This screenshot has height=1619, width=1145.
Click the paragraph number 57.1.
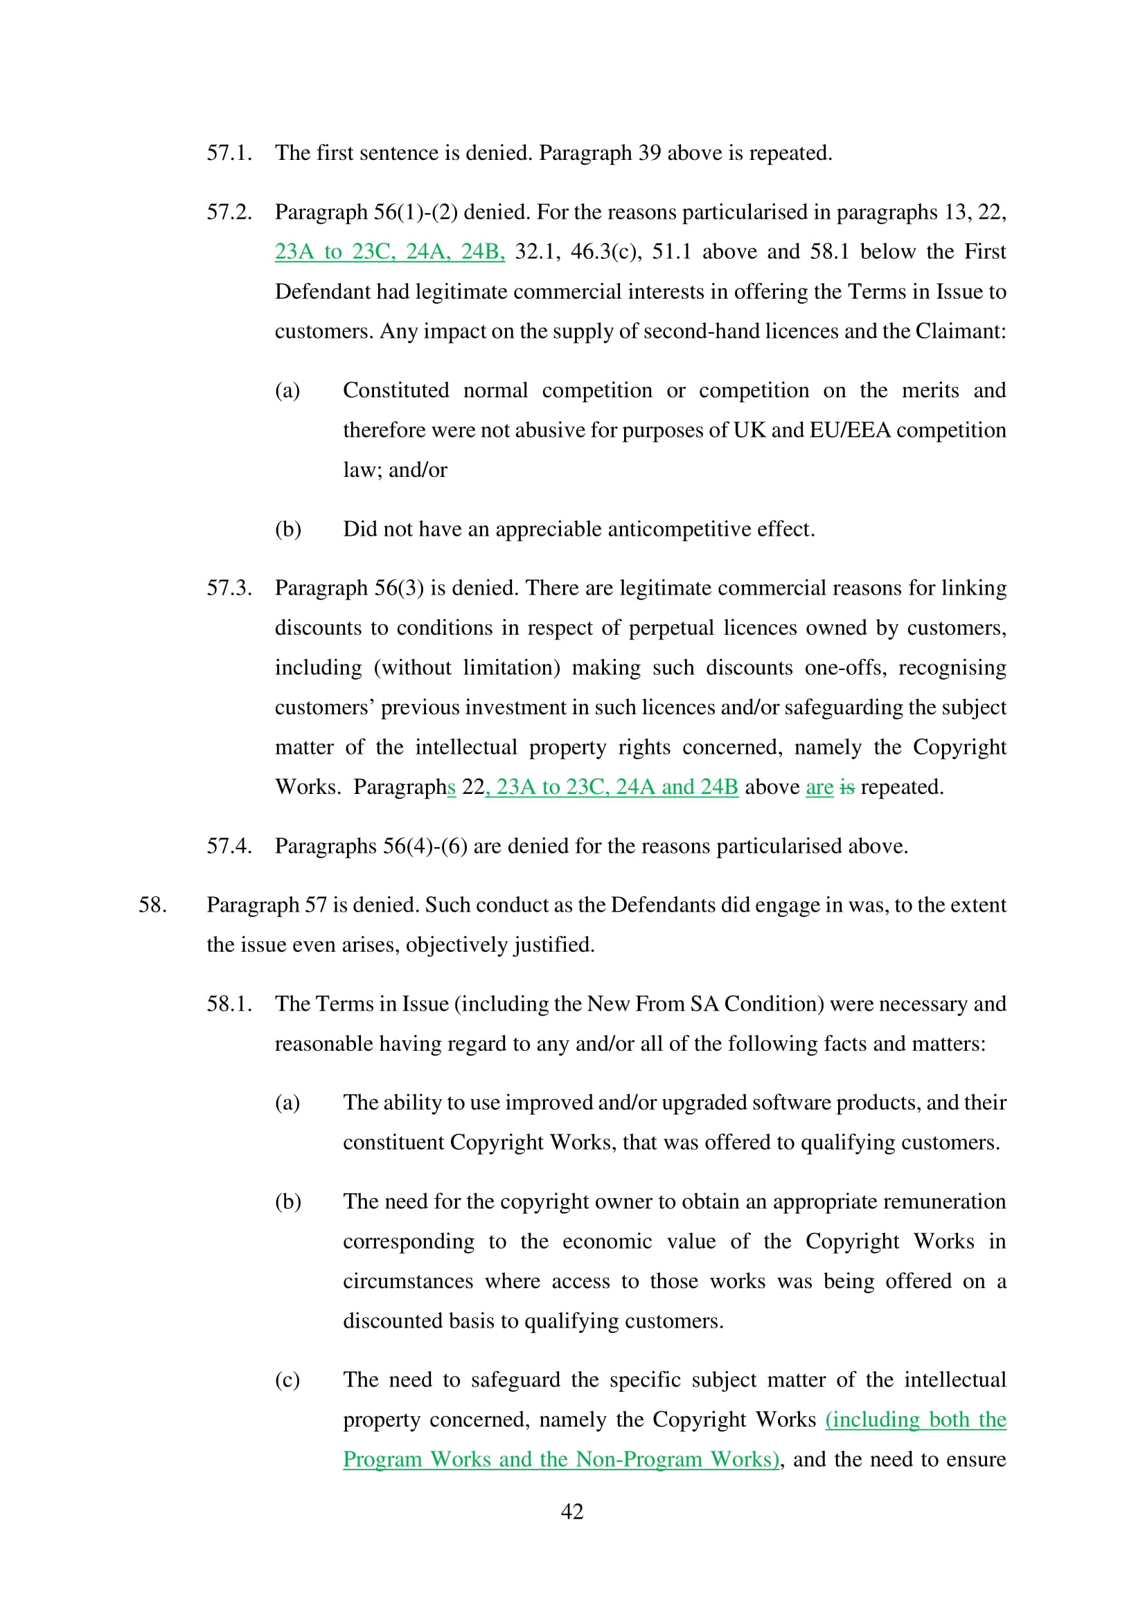229,153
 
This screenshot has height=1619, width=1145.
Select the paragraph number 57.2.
229,212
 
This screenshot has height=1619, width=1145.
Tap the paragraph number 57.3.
229,588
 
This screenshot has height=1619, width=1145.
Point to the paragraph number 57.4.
229,846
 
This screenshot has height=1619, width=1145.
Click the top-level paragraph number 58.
152,905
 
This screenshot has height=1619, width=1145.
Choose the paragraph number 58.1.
229,1004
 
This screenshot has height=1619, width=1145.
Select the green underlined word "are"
819,787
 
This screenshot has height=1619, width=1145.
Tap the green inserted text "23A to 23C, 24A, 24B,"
389,252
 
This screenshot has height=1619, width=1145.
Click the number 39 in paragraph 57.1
649,153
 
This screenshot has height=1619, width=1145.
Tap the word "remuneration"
944,1202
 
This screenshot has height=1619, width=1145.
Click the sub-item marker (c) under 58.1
287,1380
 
